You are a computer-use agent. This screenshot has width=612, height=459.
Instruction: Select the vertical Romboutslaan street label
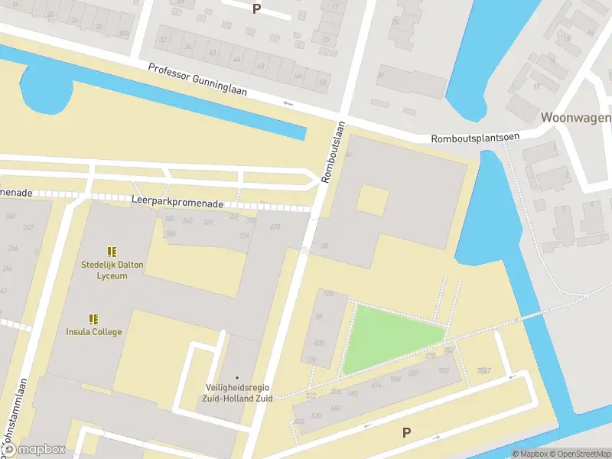333,151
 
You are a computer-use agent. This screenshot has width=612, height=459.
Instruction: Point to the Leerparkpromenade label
177,204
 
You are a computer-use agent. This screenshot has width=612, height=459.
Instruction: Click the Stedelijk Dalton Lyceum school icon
112,252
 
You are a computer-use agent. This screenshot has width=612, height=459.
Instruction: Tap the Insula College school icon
93,319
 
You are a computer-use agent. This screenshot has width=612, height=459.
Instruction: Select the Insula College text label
93,332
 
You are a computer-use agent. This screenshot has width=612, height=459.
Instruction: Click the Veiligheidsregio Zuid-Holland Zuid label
237,392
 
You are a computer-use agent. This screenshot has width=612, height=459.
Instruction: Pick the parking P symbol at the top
256,8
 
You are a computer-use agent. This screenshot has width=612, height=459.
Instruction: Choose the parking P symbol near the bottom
406,432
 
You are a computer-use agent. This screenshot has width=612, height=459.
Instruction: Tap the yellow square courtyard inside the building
372,201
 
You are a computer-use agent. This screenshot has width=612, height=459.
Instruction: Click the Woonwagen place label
575,118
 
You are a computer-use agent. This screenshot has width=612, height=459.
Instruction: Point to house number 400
275,227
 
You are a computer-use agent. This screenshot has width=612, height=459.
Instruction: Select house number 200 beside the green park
318,343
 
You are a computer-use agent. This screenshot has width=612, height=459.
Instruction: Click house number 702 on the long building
444,372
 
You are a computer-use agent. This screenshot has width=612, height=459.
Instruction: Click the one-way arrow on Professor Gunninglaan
288,103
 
